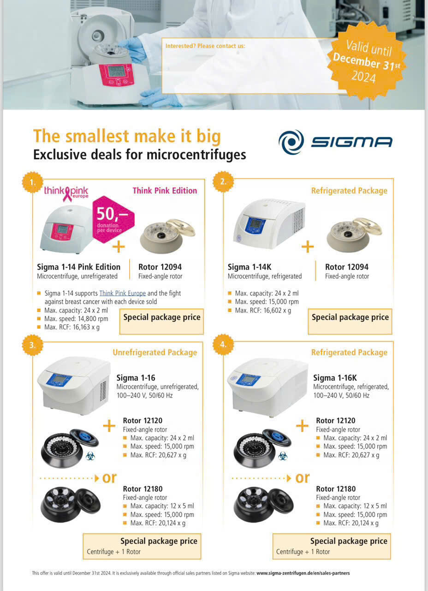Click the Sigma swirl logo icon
point(291,142)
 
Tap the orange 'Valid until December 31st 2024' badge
point(367,60)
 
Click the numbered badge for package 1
point(33,182)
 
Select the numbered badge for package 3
point(33,345)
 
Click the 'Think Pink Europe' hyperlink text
point(123,293)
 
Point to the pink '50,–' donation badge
point(113,219)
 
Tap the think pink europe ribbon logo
point(66,194)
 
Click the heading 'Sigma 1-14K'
point(250,267)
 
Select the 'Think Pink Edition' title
point(165,191)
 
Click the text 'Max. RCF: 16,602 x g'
point(263,310)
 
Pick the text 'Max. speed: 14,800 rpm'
point(76,319)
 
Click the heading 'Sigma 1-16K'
point(335,378)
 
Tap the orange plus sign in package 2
point(308,247)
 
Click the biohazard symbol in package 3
point(90,456)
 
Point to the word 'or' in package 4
point(302,478)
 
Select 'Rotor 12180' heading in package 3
point(143,489)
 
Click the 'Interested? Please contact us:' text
point(205,46)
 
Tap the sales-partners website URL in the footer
point(303,573)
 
